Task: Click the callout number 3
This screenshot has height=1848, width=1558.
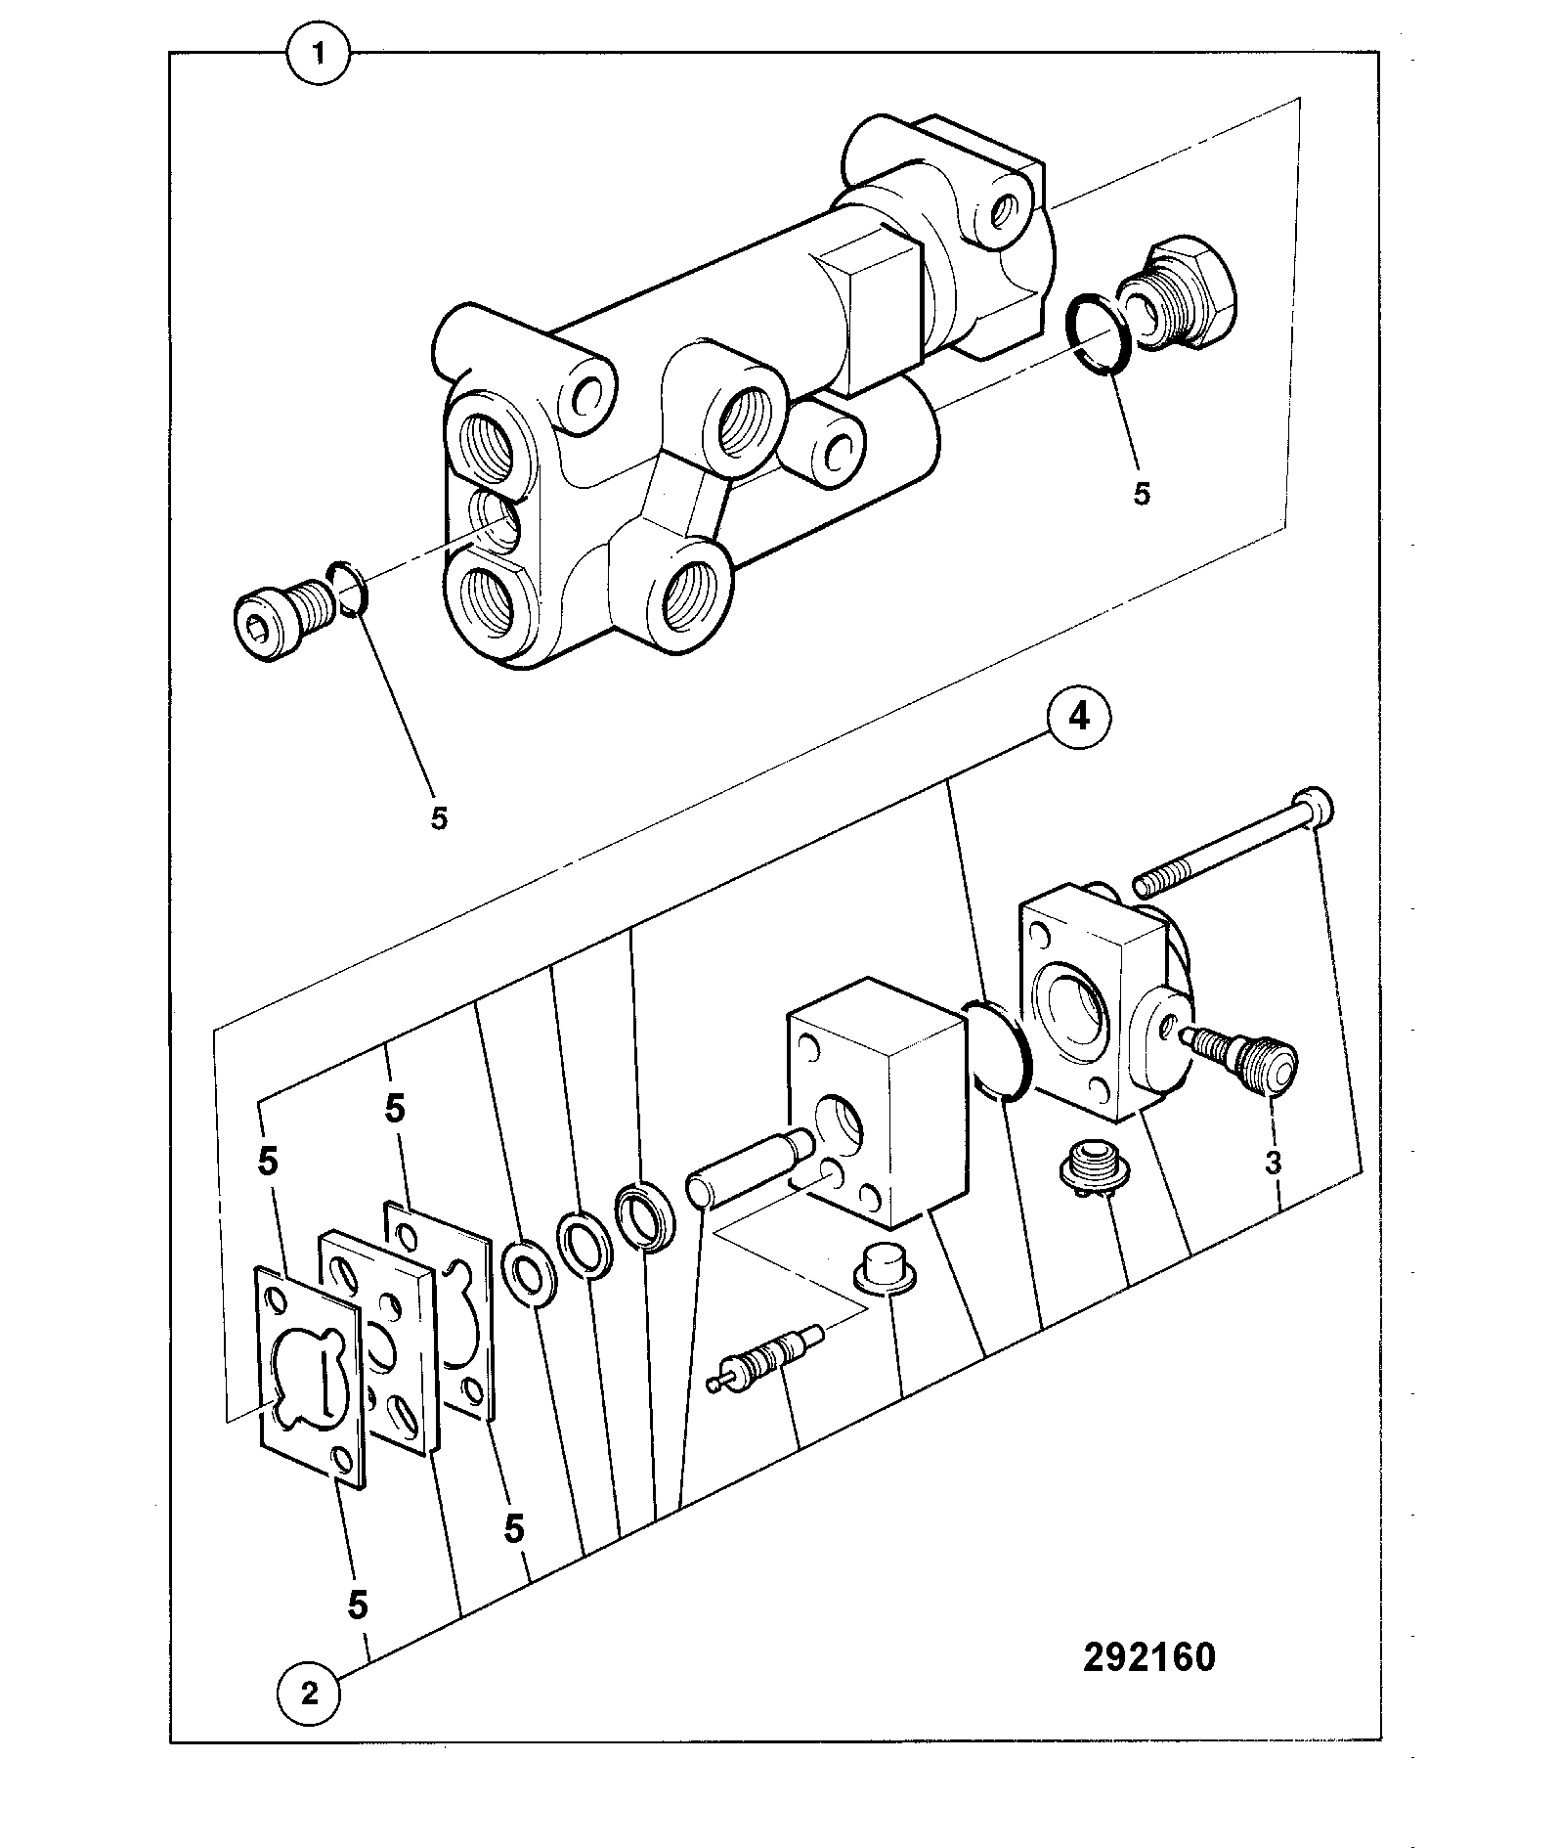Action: [1273, 1164]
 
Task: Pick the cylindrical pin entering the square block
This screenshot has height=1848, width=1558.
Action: [751, 1166]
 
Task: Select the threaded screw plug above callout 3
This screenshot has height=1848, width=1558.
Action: [1239, 1056]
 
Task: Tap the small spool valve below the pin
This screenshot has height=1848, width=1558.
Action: [766, 1359]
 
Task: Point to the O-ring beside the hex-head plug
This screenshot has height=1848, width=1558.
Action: [1098, 332]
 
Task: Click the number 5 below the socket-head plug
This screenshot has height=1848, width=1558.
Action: [439, 816]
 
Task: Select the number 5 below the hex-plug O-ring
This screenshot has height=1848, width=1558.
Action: [1142, 493]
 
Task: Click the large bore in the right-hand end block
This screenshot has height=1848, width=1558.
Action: [1076, 1015]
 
